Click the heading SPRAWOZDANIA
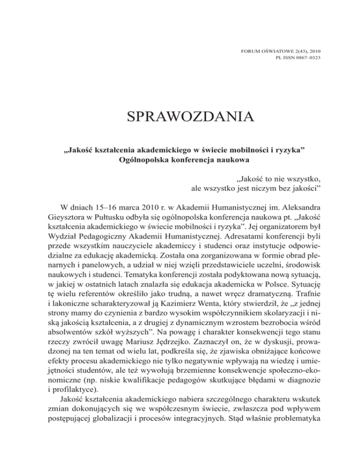180,115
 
